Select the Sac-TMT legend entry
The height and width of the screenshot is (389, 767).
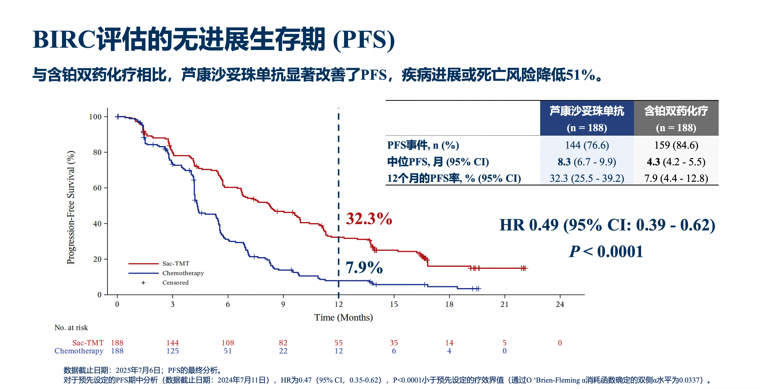click(176, 264)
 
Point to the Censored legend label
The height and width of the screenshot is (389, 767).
click(175, 283)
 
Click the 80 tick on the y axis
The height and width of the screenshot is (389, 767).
click(97, 152)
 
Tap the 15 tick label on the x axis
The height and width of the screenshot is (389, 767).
click(394, 304)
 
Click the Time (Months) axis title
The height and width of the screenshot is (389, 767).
click(344, 318)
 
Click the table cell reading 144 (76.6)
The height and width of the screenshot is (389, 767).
click(587, 145)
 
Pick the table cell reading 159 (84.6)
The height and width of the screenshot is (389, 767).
click(676, 145)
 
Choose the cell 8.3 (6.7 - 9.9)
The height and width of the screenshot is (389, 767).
click(587, 162)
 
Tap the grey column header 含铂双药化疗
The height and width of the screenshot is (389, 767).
click(676, 111)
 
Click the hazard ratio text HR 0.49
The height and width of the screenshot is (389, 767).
click(529, 225)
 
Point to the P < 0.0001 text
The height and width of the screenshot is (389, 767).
click(606, 252)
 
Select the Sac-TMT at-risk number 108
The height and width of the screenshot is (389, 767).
click(228, 343)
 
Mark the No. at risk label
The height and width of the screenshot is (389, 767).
click(71, 328)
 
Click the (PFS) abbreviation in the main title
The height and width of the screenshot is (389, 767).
click(364, 40)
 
